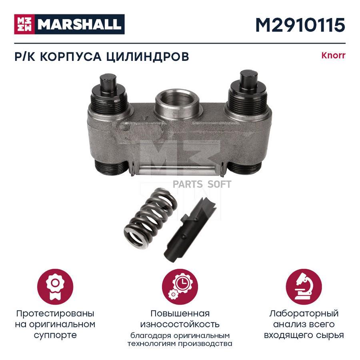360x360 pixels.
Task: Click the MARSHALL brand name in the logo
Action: tap(80, 24)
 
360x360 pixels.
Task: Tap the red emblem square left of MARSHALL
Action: tap(24, 24)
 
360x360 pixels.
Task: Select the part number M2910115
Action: tap(300, 25)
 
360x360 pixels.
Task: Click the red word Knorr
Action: tap(333, 56)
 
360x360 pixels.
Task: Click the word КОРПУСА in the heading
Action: tap(71, 56)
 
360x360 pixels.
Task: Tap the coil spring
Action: tap(150, 220)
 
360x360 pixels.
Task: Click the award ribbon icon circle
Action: tap(55, 287)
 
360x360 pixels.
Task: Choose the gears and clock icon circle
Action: tap(180, 287)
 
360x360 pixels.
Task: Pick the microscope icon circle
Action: tap(304, 287)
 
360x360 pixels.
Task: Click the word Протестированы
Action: tap(55, 314)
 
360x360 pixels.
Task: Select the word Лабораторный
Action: tap(304, 314)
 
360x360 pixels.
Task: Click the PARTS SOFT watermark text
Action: tap(202, 184)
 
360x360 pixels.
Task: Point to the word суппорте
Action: tap(55, 336)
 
